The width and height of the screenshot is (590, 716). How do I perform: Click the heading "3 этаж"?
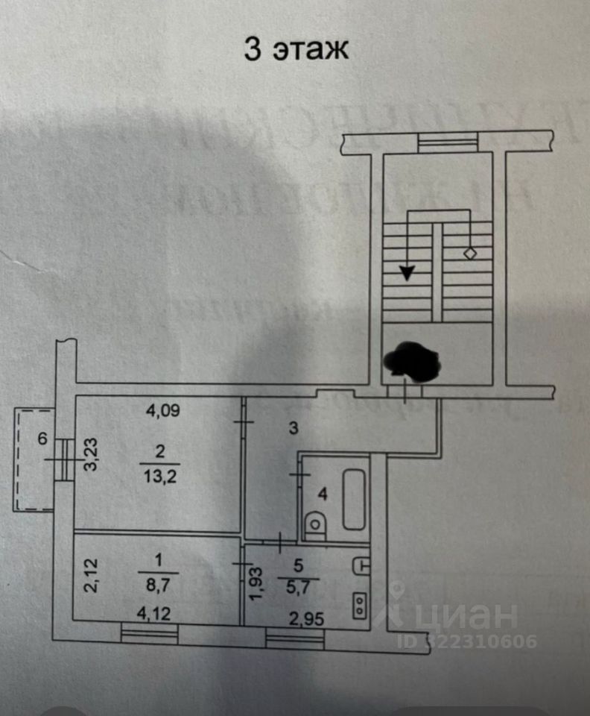click(296, 50)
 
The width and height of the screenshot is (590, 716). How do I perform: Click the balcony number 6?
click(42, 439)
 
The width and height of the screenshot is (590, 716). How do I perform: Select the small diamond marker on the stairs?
click(469, 254)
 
